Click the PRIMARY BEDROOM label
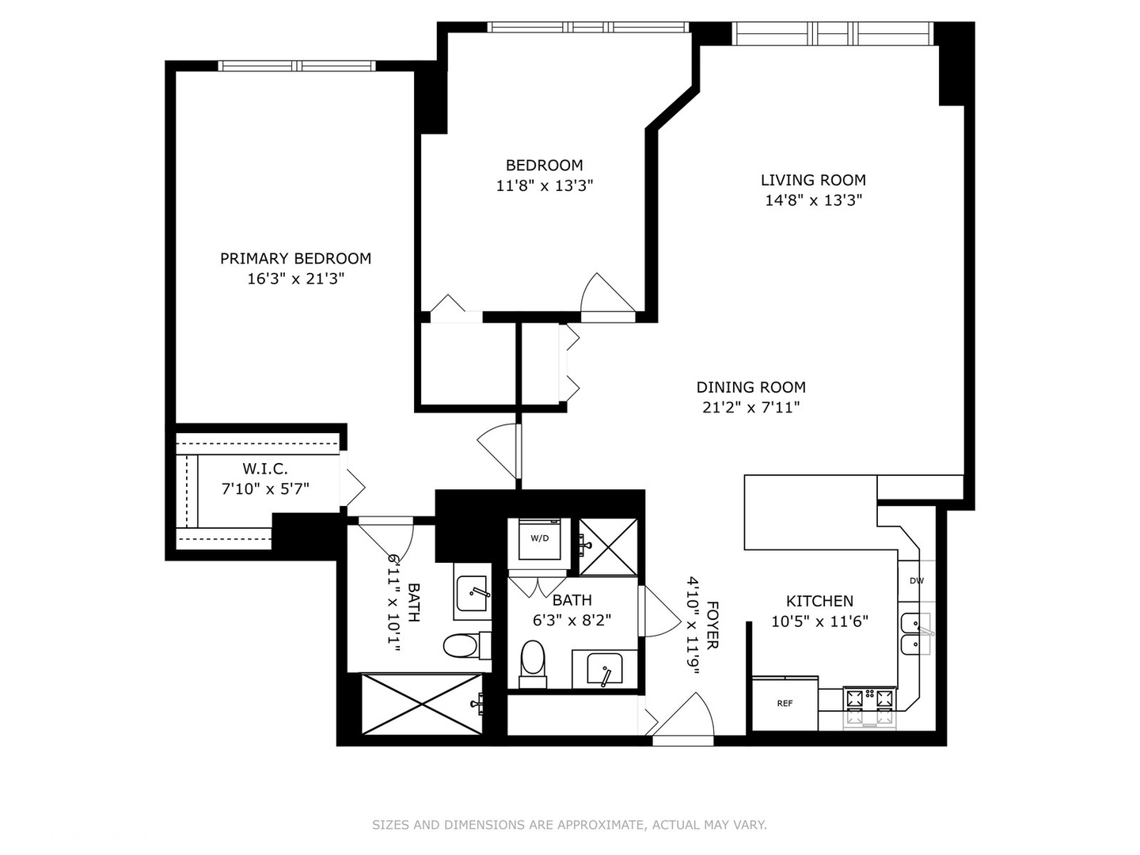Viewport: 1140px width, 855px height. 295,258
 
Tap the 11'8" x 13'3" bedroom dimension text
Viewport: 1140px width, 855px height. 545,186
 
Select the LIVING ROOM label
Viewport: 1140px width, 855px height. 813,180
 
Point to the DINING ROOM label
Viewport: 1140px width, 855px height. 750,387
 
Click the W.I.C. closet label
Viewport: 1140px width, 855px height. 264,469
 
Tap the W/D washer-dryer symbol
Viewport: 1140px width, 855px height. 539,538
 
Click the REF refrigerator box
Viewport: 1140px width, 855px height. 785,703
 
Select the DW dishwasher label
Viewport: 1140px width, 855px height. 916,581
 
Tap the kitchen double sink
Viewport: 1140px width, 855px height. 914,633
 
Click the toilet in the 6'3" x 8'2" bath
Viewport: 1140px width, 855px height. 533,661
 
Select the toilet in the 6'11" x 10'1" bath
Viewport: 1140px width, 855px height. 461,645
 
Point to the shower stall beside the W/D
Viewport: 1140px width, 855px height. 608,546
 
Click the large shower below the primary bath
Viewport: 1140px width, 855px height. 421,704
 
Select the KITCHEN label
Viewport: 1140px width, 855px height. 819,601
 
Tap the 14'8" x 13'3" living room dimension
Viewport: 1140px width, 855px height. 813,200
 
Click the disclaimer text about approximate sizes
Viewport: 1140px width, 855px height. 569,825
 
